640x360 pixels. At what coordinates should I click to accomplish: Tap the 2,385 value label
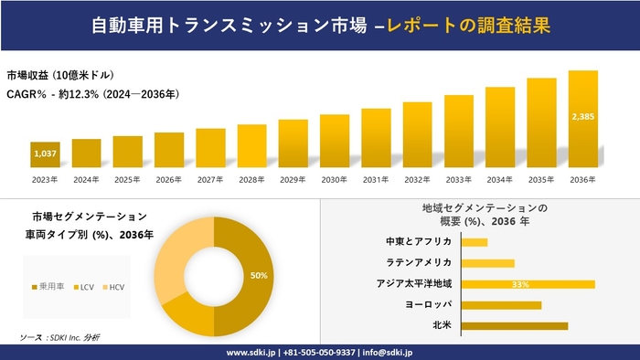tap(583, 117)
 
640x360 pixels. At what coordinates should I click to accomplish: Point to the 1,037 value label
tap(45, 154)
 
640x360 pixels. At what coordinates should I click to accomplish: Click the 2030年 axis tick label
tap(335, 180)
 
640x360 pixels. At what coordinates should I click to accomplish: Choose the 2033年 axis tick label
tap(459, 180)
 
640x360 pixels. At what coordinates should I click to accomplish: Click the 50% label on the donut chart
tap(259, 275)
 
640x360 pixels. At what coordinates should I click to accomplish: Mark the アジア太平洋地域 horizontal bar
tap(528, 284)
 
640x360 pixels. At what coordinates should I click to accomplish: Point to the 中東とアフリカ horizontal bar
tap(475, 242)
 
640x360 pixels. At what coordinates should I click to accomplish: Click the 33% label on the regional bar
tap(521, 284)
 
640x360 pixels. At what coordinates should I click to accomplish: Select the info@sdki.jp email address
tap(389, 352)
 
